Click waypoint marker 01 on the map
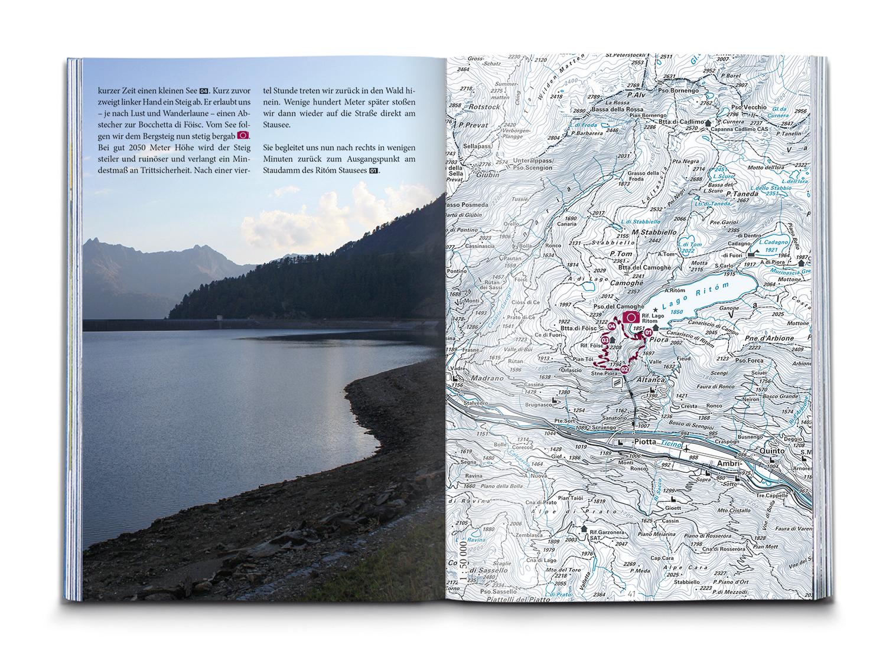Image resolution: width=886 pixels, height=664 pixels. pyautogui.click(x=648, y=332)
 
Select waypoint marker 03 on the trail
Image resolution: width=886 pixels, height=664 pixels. pyautogui.click(x=605, y=340)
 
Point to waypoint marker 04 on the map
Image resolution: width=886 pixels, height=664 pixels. pyautogui.click(x=613, y=326)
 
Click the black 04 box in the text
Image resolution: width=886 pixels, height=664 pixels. pyautogui.click(x=204, y=91)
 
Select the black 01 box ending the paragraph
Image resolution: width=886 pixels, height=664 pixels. pyautogui.click(x=373, y=171)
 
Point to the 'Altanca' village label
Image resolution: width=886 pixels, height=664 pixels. pyautogui.click(x=651, y=382)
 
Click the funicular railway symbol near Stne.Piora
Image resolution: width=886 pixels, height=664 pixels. pyautogui.click(x=617, y=382)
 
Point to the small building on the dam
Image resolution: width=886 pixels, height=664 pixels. pyautogui.click(x=220, y=318)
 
